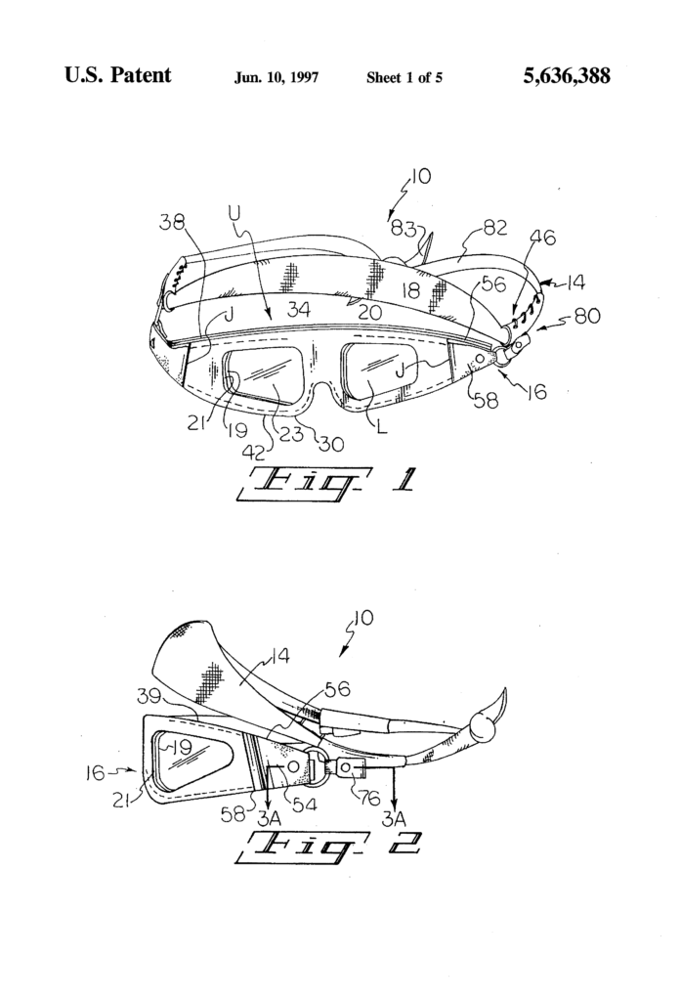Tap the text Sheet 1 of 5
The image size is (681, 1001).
404,77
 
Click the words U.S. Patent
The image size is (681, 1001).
118,75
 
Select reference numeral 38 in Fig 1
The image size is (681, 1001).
172,224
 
